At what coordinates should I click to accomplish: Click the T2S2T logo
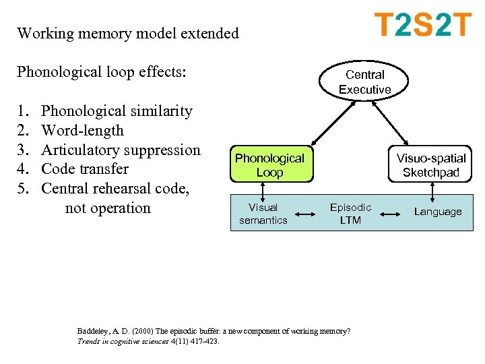pyautogui.click(x=422, y=25)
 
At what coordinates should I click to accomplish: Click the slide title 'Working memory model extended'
pyautogui.click(x=128, y=33)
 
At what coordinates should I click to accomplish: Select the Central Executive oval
pyautogui.click(x=364, y=82)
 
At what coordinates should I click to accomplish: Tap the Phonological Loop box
pyautogui.click(x=269, y=165)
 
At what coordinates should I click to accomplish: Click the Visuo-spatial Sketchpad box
pyautogui.click(x=430, y=165)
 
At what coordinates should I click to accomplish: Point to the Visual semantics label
pyautogui.click(x=263, y=214)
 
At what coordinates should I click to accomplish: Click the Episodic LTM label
pyautogui.click(x=350, y=214)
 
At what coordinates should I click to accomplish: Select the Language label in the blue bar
pyautogui.click(x=437, y=212)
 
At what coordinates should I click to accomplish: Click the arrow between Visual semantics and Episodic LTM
pyautogui.click(x=306, y=214)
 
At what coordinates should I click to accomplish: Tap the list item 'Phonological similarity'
pyautogui.click(x=117, y=111)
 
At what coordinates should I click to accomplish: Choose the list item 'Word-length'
pyautogui.click(x=82, y=130)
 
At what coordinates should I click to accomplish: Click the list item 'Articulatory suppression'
pyautogui.click(x=121, y=150)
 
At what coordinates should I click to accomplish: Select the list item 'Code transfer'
pyautogui.click(x=84, y=169)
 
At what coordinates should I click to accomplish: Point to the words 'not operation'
pyautogui.click(x=108, y=208)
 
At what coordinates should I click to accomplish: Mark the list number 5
pyautogui.click(x=23, y=188)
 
